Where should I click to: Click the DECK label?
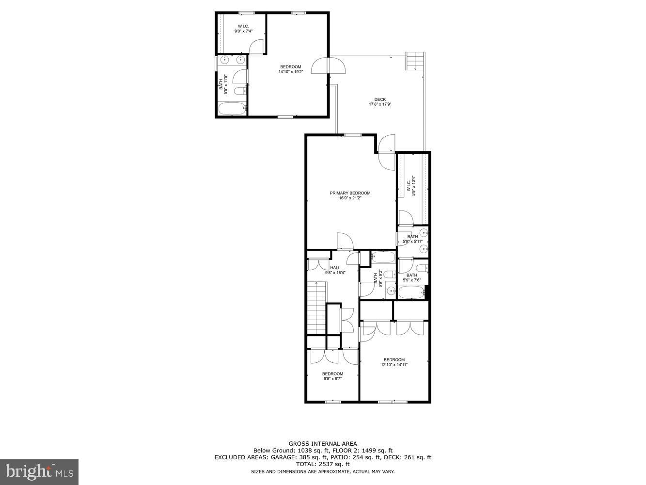[380, 99]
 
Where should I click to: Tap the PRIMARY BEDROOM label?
[350, 193]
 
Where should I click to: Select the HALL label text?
[335, 268]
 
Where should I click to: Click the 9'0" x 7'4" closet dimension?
[243, 31]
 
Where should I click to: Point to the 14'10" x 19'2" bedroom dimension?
[290, 72]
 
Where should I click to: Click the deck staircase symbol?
[415, 61]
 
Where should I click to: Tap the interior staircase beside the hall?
[317, 308]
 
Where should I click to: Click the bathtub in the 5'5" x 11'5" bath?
[231, 109]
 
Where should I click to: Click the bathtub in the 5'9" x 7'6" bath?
[411, 292]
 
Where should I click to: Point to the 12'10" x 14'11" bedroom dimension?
[394, 365]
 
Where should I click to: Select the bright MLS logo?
[39, 471]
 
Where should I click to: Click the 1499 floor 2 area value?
[368, 451]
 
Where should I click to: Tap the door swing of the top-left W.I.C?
[255, 46]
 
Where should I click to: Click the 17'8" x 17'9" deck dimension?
[380, 104]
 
